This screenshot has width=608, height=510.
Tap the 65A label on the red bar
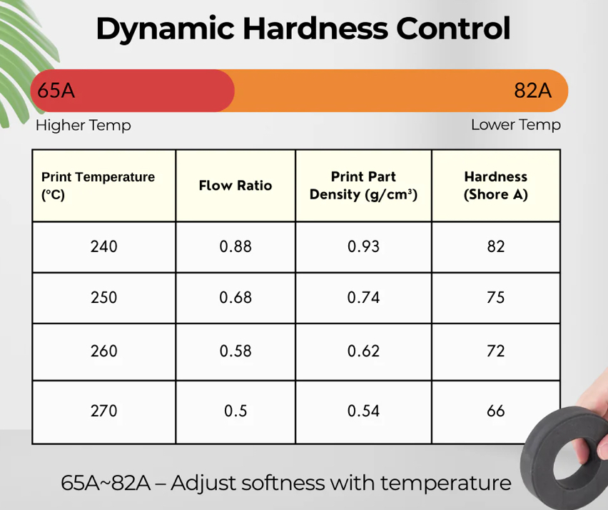56,91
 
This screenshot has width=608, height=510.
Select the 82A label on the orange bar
533,91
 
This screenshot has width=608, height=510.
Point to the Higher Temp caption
83,126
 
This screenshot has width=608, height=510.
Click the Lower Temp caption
515,125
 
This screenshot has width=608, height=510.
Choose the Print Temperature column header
98,186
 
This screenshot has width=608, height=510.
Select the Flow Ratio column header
235,186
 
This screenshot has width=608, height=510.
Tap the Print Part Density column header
363,186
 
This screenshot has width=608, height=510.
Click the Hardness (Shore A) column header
495,186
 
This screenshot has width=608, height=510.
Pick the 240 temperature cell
104,247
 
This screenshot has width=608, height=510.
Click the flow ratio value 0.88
235,247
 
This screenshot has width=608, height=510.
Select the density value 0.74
363,298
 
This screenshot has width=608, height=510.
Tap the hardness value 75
495,298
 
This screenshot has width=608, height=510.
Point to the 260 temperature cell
104,351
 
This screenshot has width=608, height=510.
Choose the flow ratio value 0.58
235,351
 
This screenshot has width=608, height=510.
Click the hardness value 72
495,351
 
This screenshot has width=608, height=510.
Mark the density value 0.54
363,411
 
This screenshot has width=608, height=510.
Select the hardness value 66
495,411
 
